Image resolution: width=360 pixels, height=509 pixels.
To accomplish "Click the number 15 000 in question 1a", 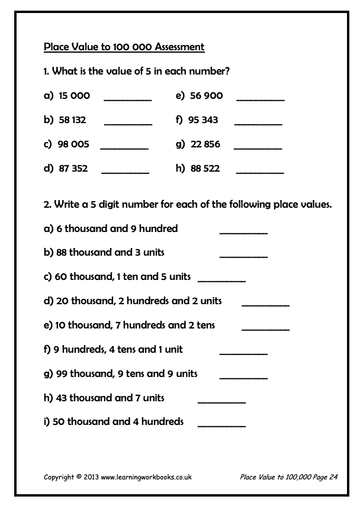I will tap(74, 96).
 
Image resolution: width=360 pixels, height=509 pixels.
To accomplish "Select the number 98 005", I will tap(73, 144).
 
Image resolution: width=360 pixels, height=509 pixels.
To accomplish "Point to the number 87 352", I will tap(73, 169).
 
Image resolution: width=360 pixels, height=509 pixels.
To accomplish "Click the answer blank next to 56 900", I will tap(261, 100).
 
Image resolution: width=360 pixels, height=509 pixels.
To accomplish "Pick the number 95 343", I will tap(203, 120).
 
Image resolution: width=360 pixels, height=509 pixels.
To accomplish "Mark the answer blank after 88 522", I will tap(260, 172).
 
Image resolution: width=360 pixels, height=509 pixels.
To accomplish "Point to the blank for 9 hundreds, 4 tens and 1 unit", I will tap(243, 353).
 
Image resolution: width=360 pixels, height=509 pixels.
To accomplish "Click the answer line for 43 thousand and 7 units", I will tap(221, 402).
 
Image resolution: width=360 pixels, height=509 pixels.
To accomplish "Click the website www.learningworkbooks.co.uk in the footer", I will tap(146, 476).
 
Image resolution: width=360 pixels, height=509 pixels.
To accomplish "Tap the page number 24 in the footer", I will tap(333, 476).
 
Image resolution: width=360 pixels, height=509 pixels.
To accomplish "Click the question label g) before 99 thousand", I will tap(49, 374).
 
